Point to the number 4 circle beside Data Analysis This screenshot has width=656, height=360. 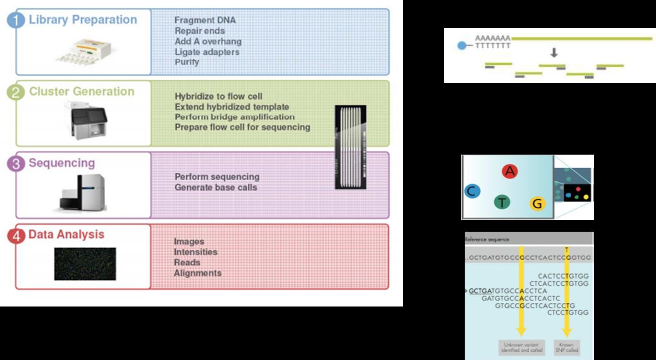tap(16, 236)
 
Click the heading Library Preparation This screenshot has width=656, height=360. tap(83, 20)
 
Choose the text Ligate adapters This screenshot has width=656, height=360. tap(207, 52)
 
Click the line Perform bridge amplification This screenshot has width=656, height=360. tap(234, 117)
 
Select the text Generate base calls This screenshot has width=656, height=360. tap(216, 187)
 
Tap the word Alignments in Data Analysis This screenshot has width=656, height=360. tap(197, 273)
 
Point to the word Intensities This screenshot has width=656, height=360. tap(195, 252)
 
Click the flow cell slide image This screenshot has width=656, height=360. tap(350, 147)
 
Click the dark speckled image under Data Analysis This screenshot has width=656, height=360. tap(85, 263)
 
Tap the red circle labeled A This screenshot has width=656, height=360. tap(510, 171)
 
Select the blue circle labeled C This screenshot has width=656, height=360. tap(472, 191)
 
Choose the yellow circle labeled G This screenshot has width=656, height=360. tap(537, 204)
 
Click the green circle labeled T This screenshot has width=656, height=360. tap(502, 202)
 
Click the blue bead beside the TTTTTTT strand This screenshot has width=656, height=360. tap(462, 46)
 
